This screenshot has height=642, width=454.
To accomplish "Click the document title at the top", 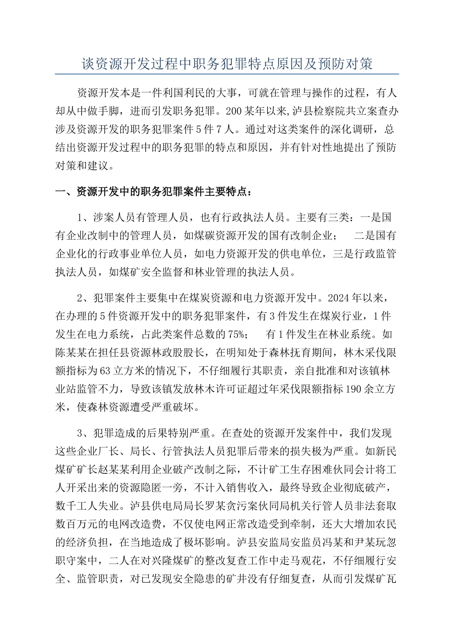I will pos(227,64).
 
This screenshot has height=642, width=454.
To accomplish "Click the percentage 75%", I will pos(238,333).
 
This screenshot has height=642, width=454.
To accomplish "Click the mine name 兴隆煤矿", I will pos(190,560).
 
